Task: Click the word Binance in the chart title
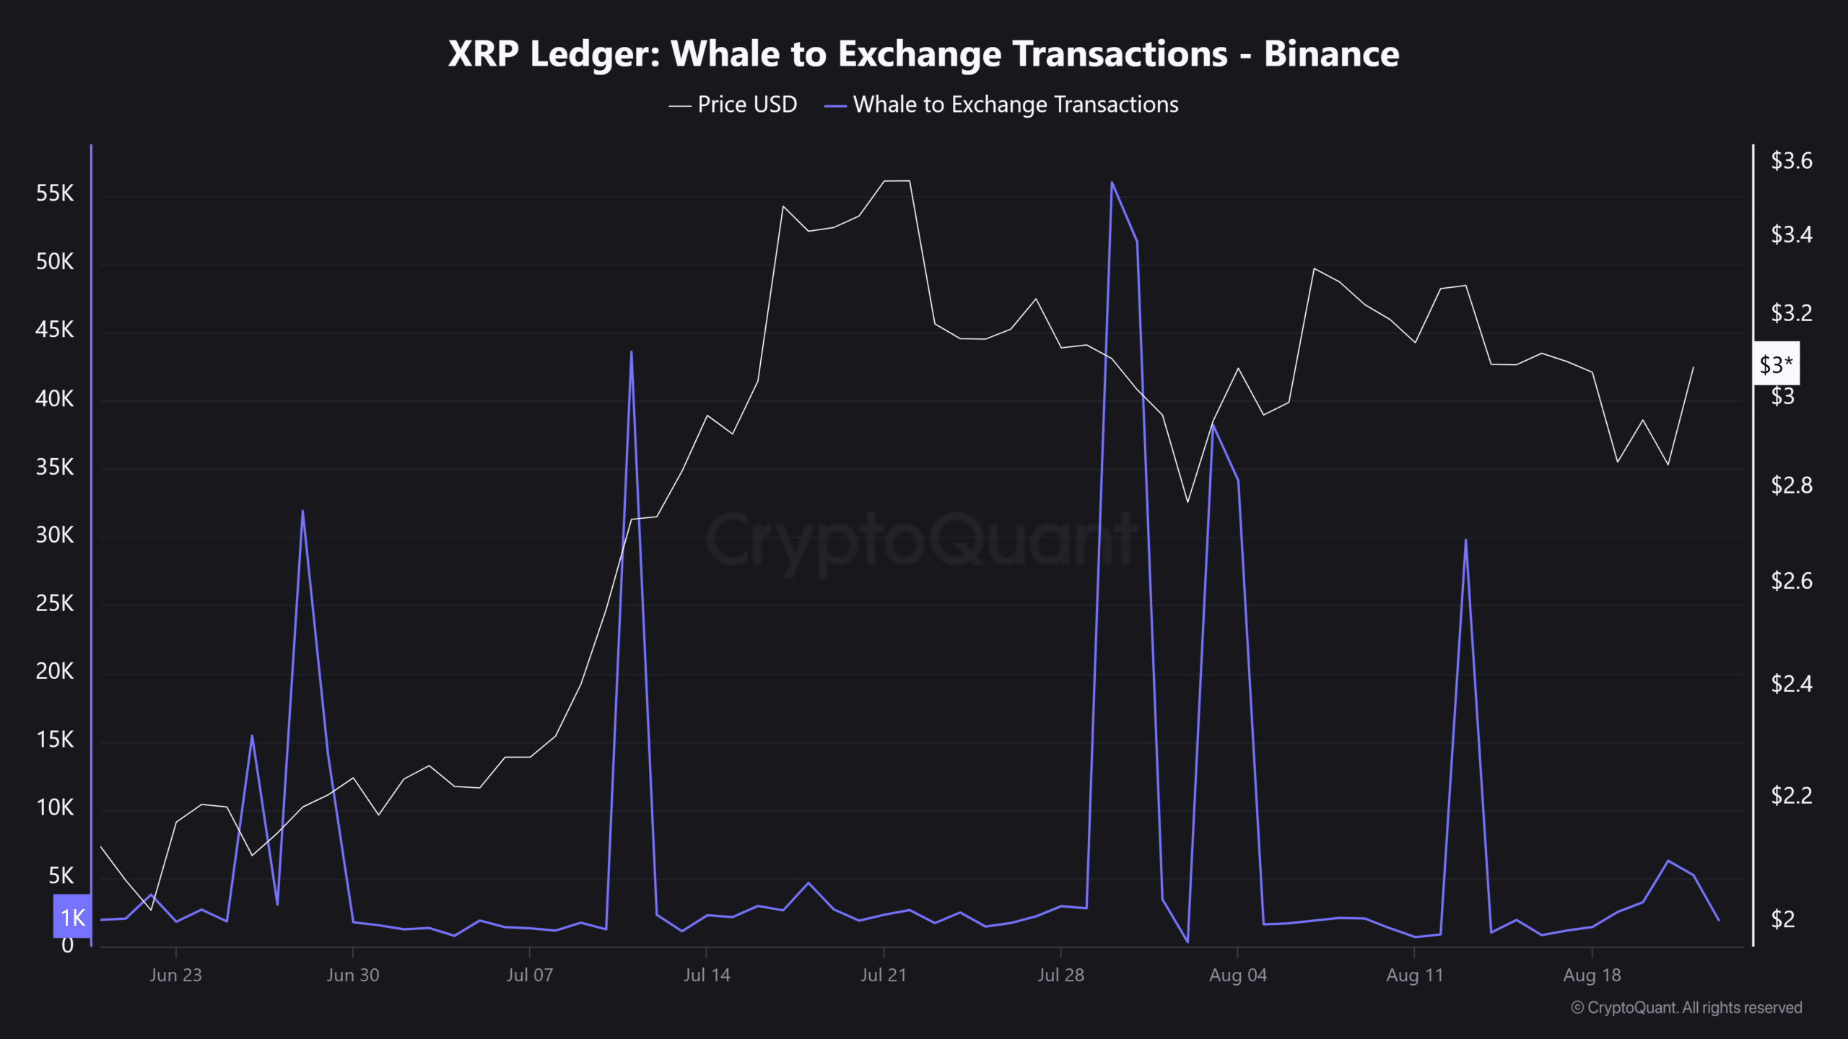point(1331,54)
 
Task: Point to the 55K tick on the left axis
point(55,193)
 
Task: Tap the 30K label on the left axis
point(55,535)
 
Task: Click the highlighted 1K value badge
point(72,917)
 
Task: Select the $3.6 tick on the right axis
point(1791,160)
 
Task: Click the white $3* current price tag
point(1776,364)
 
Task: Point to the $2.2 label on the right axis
point(1791,795)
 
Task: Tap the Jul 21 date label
point(883,975)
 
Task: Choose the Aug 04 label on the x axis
point(1237,975)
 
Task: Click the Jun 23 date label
point(175,975)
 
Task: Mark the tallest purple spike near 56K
point(1112,183)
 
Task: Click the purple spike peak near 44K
point(631,353)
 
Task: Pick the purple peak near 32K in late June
point(302,512)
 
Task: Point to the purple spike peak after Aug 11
point(1465,540)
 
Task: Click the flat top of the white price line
point(897,181)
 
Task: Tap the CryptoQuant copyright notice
point(1686,1007)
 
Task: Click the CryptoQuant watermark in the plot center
point(920,541)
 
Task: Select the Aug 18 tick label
point(1592,975)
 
